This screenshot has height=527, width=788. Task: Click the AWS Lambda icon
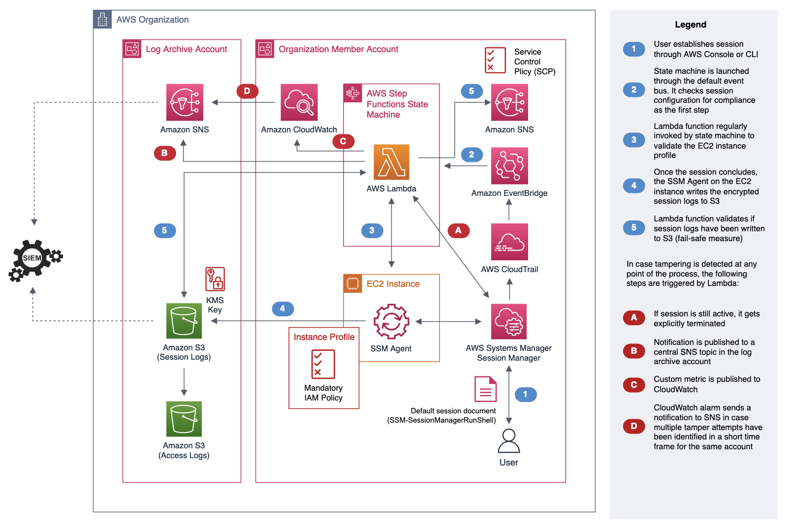(x=391, y=162)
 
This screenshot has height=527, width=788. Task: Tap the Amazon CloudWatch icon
(x=299, y=102)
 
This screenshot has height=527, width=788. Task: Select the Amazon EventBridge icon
(x=509, y=166)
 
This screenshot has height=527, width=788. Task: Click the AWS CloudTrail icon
(x=509, y=242)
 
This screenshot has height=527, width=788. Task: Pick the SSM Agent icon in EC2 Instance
(x=391, y=321)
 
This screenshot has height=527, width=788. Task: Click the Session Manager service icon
(x=509, y=321)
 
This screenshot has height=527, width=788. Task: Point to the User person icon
(x=509, y=441)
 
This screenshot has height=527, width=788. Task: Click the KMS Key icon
(x=215, y=279)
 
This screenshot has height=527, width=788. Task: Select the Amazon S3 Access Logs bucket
(x=184, y=419)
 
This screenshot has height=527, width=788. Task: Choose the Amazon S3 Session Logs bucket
(x=184, y=321)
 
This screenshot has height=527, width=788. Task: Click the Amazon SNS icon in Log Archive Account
(x=185, y=102)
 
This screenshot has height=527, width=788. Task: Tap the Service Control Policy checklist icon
(x=495, y=61)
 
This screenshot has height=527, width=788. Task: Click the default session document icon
(x=485, y=389)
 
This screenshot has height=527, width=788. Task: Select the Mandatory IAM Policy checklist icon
(x=323, y=364)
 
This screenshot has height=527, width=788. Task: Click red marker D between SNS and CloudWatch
(x=247, y=91)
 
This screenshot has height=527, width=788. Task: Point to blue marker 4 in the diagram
(x=283, y=309)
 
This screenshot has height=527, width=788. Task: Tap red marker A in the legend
(x=634, y=318)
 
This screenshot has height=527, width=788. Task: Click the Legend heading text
(x=691, y=25)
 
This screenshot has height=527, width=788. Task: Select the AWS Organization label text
(x=153, y=20)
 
